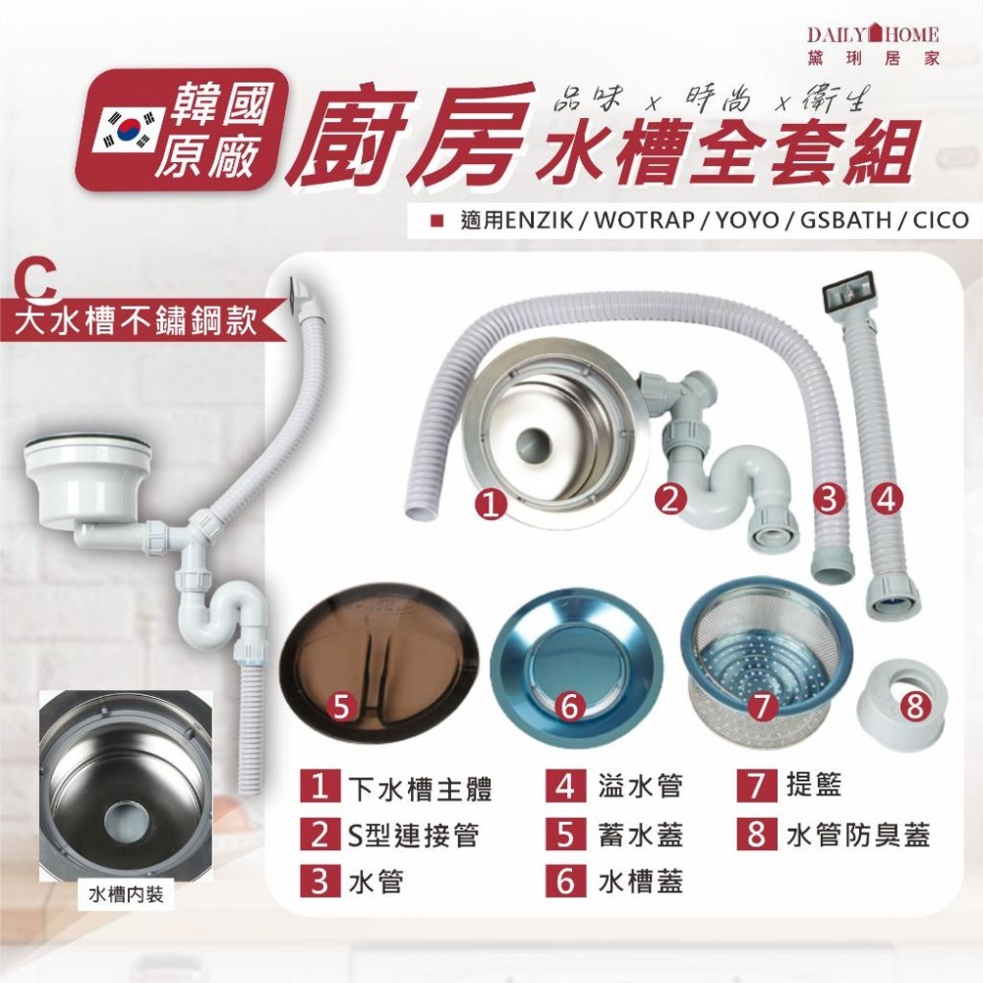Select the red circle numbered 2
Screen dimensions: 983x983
[x=671, y=499]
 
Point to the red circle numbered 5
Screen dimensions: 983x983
[x=340, y=704]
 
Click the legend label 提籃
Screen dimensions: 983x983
[x=814, y=786]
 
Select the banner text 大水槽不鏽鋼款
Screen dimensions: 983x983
[x=138, y=320]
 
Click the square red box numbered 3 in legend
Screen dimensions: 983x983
[x=318, y=880]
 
